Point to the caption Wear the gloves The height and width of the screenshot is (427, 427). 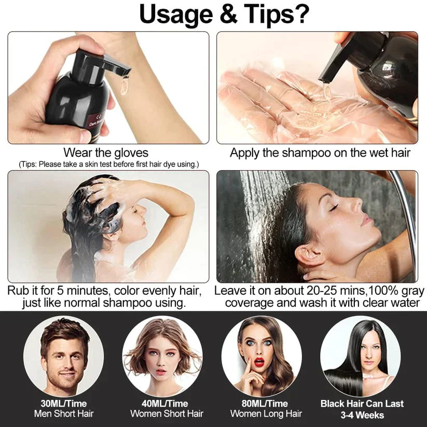106,153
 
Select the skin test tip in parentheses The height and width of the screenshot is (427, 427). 109,164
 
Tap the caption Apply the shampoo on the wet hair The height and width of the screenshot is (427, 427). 320,153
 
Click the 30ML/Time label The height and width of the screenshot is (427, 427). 64,403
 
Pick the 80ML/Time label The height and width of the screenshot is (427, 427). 266,403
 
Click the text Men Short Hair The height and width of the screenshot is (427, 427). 64,414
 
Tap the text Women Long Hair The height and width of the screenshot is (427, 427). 266,414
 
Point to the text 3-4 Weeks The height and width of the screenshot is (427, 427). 363,415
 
